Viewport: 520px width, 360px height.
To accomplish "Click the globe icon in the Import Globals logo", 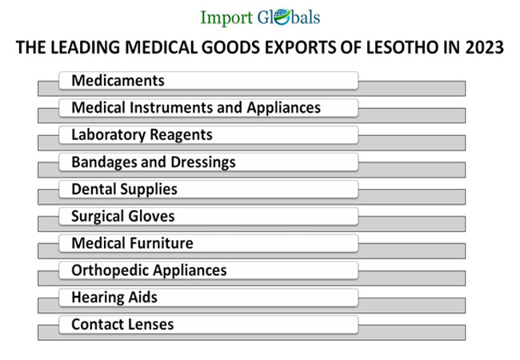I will click(x=272, y=18).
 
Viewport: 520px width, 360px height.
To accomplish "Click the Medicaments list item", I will click(x=118, y=81).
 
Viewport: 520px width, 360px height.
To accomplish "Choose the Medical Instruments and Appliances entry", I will click(x=196, y=108).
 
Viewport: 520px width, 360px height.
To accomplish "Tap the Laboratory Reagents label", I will click(x=142, y=135).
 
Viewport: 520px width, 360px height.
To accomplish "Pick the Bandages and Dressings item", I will click(x=154, y=162).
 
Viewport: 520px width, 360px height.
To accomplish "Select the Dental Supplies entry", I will click(x=124, y=190).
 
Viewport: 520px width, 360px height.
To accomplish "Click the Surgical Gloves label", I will click(x=122, y=217).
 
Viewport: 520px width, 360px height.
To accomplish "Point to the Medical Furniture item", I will click(x=132, y=243).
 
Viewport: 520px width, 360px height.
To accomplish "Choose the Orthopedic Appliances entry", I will click(x=149, y=270).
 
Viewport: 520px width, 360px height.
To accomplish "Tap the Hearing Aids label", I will click(x=114, y=298).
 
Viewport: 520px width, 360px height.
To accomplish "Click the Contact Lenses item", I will click(x=122, y=325).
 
